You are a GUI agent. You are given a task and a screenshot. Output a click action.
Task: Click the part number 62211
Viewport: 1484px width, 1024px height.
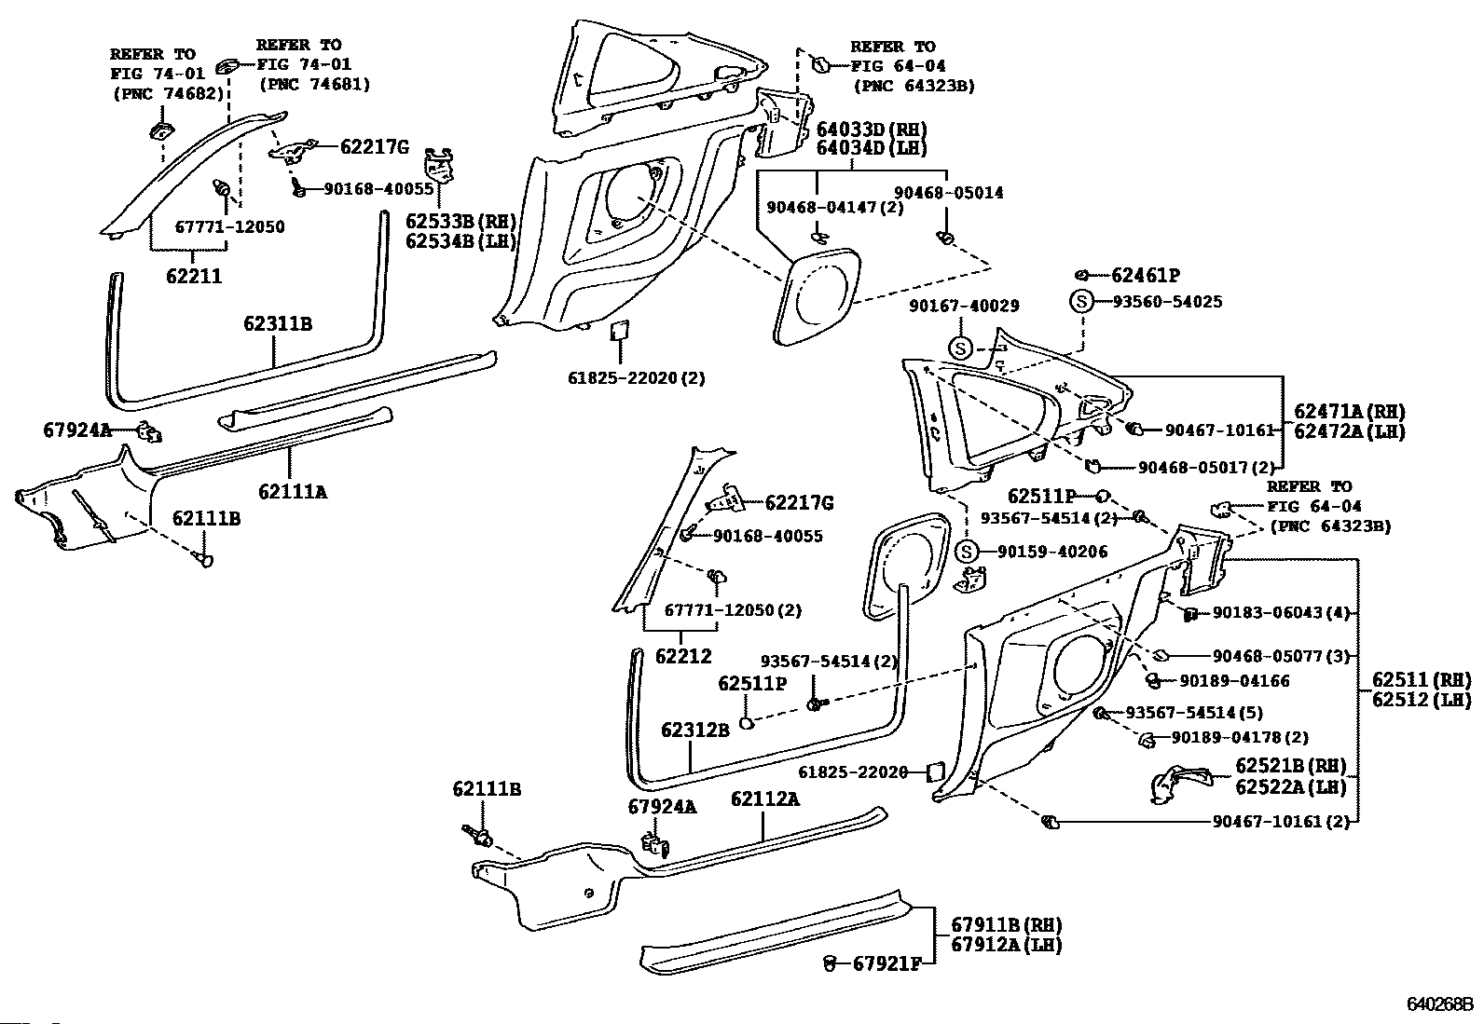tap(194, 277)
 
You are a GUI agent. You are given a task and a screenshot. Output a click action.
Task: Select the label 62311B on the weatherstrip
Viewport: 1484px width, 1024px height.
tap(277, 324)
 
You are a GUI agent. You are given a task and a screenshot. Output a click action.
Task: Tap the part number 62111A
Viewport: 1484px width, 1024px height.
tap(293, 491)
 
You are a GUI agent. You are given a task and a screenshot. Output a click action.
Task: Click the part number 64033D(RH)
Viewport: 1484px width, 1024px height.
tap(872, 130)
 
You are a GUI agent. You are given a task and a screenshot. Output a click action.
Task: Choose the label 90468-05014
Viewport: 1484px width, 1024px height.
tap(948, 193)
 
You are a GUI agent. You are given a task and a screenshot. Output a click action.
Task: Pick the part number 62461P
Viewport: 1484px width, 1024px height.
tap(1146, 275)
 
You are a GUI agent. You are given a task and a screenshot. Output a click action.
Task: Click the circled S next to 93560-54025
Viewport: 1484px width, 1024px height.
tap(1080, 302)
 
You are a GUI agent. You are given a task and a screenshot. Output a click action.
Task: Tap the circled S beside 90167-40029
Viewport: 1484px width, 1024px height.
tap(961, 348)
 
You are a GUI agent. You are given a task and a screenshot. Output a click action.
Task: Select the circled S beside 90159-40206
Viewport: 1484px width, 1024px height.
tap(965, 552)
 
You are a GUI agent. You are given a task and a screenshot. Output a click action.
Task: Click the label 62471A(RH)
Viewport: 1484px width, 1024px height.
tap(1349, 411)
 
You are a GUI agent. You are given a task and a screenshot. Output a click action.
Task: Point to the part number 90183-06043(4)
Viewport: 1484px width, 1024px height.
tap(1281, 613)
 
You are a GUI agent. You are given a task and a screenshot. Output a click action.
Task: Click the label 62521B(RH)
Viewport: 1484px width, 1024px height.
tap(1291, 766)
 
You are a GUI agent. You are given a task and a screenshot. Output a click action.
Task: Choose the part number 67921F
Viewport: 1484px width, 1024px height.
tap(886, 963)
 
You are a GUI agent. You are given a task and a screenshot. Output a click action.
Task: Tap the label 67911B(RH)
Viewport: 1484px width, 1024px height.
tap(1006, 925)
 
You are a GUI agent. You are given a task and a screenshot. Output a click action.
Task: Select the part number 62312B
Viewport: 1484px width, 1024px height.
tap(695, 730)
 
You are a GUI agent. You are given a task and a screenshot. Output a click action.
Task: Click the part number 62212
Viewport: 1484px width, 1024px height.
tap(682, 655)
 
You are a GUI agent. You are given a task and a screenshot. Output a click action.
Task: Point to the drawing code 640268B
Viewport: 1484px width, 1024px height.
tap(1439, 1005)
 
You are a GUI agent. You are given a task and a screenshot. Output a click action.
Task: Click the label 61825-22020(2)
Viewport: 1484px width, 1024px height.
tap(636, 378)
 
